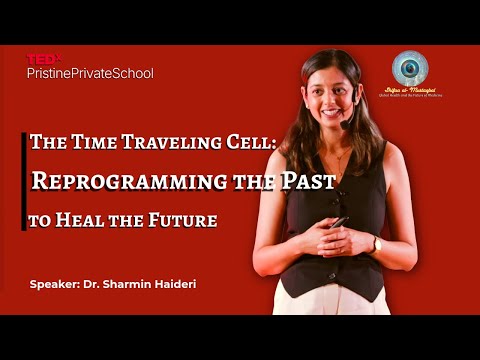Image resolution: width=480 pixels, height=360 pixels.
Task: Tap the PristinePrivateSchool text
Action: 90,73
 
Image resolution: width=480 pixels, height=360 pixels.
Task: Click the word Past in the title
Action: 308,181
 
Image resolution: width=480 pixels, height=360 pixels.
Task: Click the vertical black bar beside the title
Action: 24,180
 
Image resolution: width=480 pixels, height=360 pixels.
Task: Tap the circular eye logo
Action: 410,68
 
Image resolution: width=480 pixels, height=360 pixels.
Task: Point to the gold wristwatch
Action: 376,243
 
